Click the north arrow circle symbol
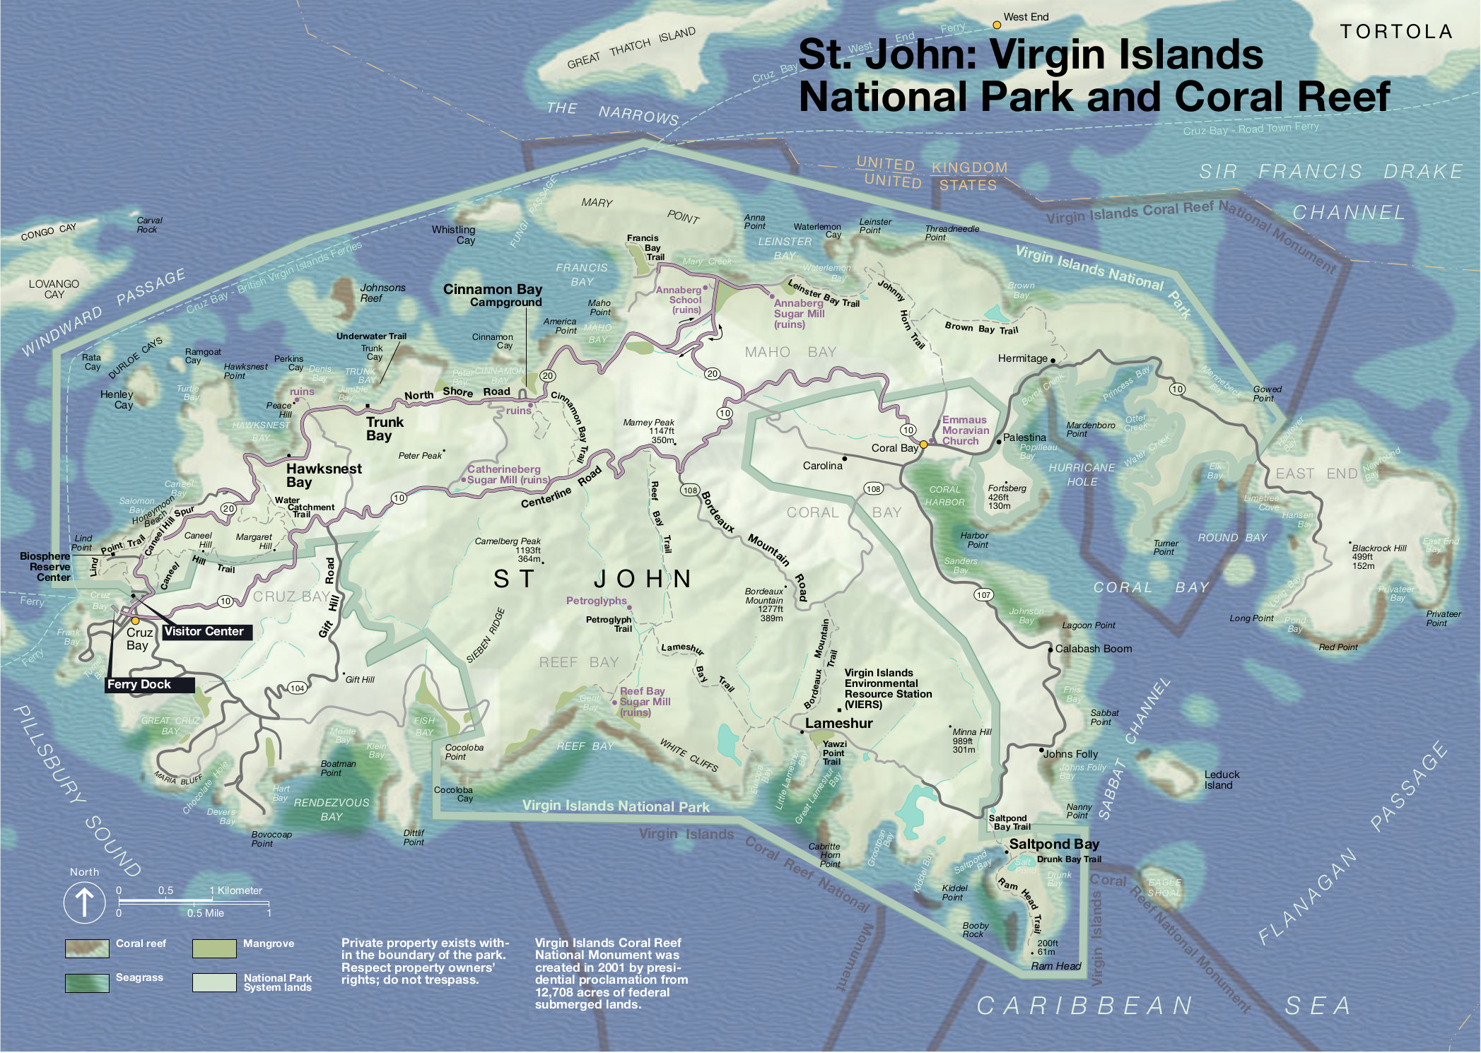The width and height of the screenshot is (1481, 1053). pos(84,902)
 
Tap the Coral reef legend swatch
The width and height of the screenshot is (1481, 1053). pos(87,948)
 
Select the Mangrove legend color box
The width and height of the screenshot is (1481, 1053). pos(214,948)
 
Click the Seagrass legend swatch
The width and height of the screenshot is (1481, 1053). pos(87,983)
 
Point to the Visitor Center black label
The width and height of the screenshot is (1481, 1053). pos(204,632)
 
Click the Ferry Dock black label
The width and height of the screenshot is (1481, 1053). pos(140,684)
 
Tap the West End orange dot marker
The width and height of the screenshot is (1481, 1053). pos(997,25)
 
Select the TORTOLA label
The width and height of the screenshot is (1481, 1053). pos(1396,32)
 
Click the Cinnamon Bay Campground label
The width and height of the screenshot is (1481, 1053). pos(493,295)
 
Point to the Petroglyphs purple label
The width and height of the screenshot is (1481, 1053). pos(596,601)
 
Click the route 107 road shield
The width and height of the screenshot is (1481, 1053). pos(984,595)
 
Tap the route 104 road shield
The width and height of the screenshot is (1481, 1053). pos(297,688)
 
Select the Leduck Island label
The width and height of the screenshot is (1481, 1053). pos(1222,780)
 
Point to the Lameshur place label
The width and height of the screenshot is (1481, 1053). pos(838,724)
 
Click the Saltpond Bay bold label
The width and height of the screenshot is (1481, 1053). pos(1053,844)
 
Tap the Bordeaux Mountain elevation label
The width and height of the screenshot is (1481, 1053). pos(765,604)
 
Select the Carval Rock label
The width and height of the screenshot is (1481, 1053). pos(148,225)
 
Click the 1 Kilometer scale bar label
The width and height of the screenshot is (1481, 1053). pos(237,890)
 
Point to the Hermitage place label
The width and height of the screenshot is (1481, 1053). pos(1022,358)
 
